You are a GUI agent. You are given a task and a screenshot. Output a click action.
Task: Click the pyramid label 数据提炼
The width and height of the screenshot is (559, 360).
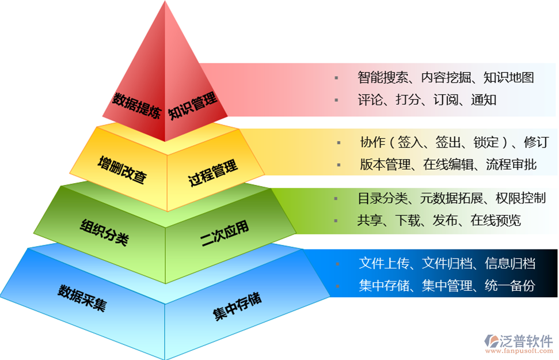point(136,104)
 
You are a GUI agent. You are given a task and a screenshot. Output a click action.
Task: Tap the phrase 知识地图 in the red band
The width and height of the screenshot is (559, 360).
point(509,77)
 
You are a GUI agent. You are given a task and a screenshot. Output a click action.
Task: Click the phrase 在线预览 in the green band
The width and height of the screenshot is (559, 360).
point(495,221)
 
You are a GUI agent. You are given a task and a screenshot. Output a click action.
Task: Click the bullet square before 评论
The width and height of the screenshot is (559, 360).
point(337,100)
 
